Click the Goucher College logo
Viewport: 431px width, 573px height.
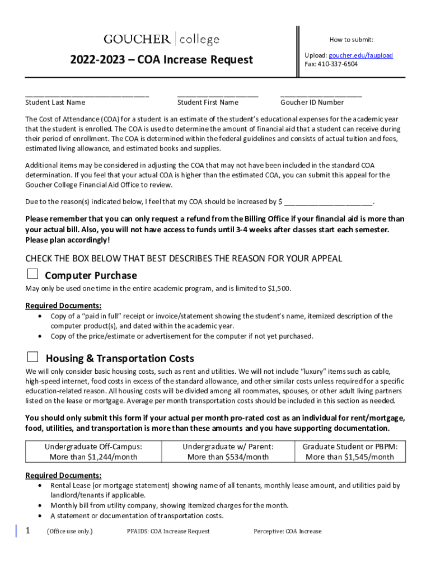point(161,39)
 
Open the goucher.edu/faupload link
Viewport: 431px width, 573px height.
point(360,55)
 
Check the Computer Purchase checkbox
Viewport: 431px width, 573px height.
point(33,274)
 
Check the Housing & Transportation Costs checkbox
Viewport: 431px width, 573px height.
point(33,357)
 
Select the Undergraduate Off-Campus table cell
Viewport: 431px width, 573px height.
point(93,452)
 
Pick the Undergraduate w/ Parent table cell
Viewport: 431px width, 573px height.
point(228,452)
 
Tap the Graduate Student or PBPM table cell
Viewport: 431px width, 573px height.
point(350,452)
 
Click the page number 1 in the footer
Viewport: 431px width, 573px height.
point(28,530)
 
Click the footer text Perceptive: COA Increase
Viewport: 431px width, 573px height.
point(287,531)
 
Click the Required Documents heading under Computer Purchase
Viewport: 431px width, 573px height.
point(63,306)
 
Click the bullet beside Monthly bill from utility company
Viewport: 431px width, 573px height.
point(41,506)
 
